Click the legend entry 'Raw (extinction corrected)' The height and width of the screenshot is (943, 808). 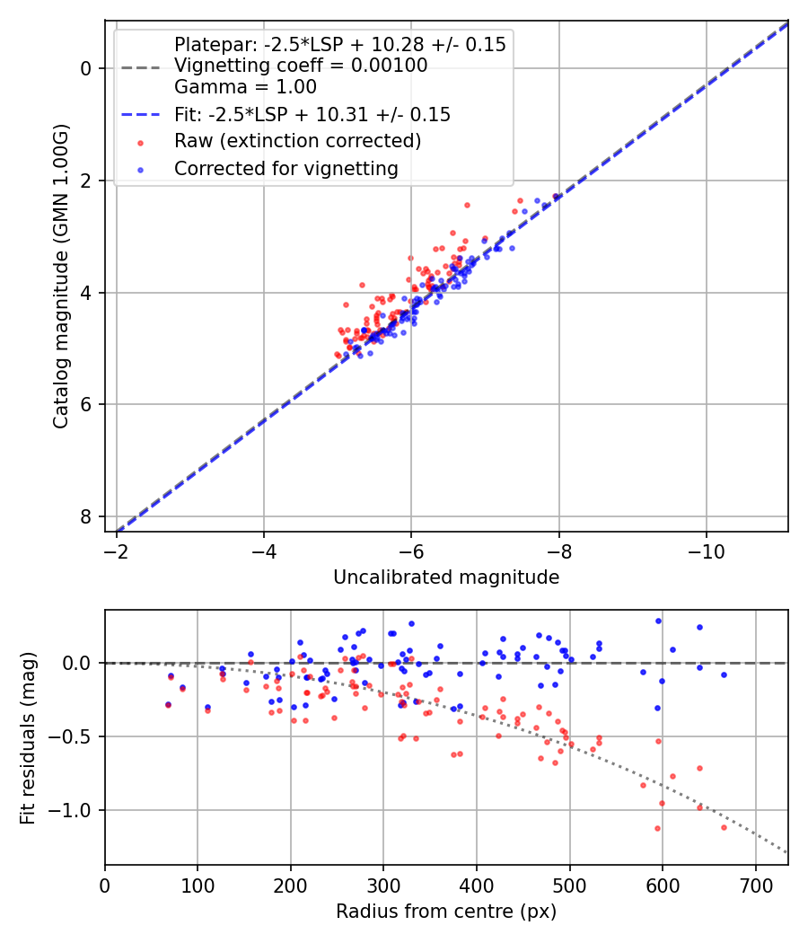click(297, 141)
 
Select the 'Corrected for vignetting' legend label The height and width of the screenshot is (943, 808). click(285, 168)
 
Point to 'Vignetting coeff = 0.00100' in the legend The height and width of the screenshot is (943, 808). click(301, 66)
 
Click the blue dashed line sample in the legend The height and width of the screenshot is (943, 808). click(141, 115)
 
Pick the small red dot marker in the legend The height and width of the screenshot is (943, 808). click(141, 142)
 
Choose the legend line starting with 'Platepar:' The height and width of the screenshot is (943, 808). click(339, 44)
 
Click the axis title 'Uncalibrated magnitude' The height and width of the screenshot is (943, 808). click(446, 577)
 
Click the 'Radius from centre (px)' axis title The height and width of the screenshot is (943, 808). click(446, 912)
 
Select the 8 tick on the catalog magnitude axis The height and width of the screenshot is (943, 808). click(86, 516)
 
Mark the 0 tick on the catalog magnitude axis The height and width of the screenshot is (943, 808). click(86, 68)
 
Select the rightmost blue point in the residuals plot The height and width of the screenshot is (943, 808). click(724, 674)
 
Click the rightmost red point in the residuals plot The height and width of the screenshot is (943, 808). click(724, 826)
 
